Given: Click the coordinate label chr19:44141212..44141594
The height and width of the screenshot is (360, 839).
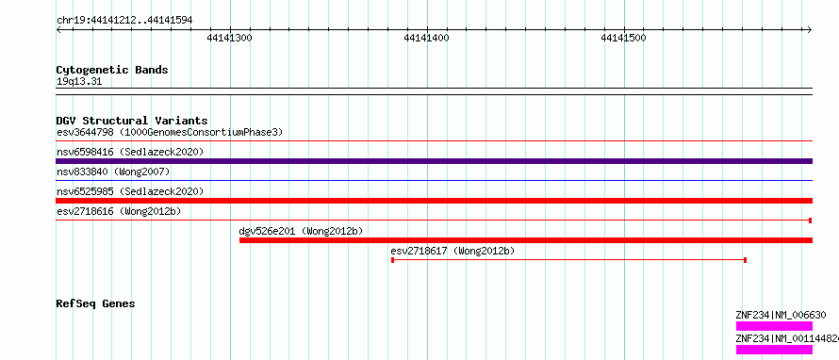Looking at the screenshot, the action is coord(124,20).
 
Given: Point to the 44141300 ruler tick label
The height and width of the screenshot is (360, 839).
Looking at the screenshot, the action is coord(230,38).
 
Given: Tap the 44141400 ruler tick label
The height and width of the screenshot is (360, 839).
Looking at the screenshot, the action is coord(426,38).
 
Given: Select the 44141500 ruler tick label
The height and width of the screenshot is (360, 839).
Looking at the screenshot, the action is coord(624,38).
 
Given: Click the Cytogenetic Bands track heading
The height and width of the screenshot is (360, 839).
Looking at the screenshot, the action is coord(112,70).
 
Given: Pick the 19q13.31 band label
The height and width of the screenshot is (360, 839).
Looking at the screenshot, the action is coord(79,82).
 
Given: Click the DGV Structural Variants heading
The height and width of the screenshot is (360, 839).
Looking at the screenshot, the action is coord(132,121).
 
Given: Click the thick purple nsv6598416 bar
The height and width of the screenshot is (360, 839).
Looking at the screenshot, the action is coord(434,161).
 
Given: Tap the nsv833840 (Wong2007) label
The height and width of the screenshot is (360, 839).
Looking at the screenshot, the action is coord(113,172).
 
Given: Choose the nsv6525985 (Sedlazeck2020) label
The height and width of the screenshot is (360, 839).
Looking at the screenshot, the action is coord(130,191).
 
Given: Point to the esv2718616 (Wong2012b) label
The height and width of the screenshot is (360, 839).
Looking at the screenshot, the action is coord(119,211).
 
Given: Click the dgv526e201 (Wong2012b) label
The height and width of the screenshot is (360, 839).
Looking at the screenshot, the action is coord(301,231).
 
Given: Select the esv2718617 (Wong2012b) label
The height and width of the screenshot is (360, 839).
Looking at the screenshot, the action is coord(452,251).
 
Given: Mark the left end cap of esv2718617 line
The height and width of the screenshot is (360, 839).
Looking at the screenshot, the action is coord(393,260).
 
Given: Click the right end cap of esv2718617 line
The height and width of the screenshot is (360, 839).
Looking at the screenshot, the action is coord(746,260).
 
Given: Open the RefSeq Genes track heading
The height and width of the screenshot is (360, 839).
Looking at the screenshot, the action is coord(96,303).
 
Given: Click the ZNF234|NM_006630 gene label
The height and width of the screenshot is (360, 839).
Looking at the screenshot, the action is coord(781,316).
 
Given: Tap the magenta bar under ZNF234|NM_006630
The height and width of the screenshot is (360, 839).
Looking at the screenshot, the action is coord(774,326).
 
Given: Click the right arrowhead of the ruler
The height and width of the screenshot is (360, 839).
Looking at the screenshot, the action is coord(810,30).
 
